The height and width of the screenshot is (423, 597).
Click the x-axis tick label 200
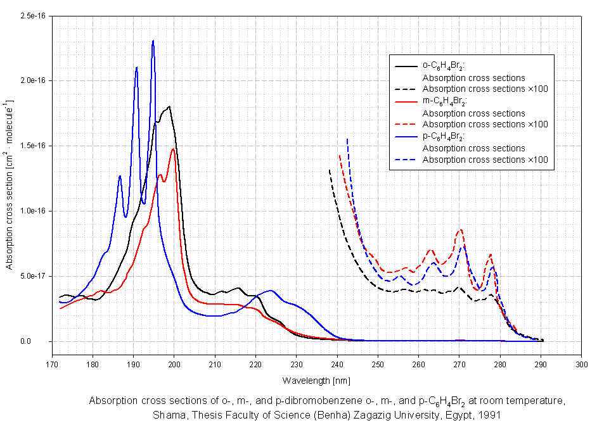(174, 365)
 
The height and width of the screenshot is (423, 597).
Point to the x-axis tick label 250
(378, 365)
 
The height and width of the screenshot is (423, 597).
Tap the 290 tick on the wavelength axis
(541, 365)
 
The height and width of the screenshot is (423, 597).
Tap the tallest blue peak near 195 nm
(153, 41)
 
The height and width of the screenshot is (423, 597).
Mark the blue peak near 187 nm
(120, 176)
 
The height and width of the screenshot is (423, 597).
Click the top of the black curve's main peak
(169, 106)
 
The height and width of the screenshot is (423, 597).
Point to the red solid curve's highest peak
(173, 149)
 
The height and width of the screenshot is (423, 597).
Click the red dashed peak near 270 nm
(461, 230)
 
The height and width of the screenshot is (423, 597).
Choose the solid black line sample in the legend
(406, 65)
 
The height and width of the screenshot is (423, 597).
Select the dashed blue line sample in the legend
(406, 160)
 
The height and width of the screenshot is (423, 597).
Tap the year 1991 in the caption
(491, 415)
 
